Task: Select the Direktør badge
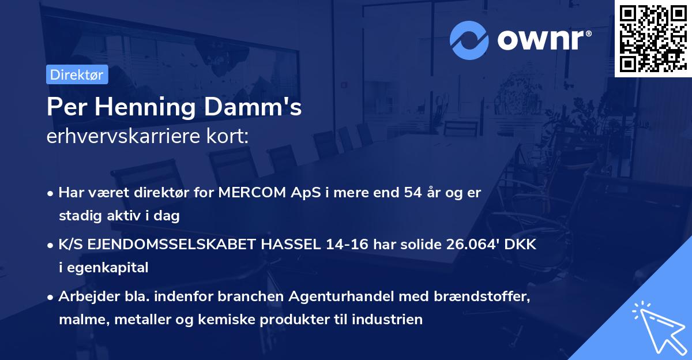pyautogui.click(x=76, y=74)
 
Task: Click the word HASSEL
pyautogui.click(x=291, y=244)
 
